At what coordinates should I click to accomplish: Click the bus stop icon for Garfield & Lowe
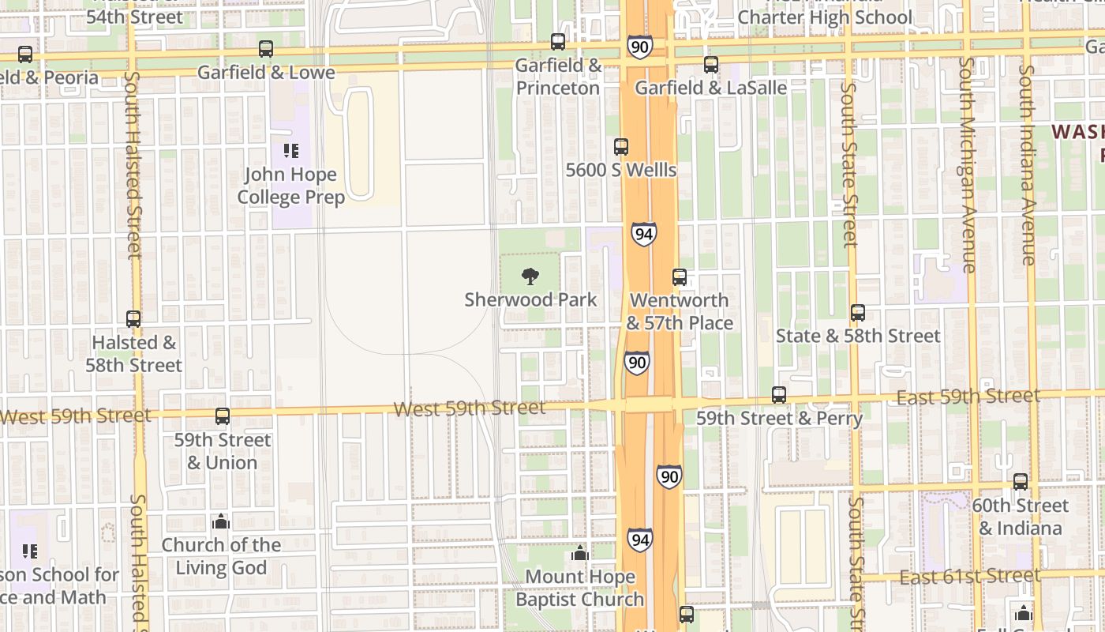266,49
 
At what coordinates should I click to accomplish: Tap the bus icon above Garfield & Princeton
558,42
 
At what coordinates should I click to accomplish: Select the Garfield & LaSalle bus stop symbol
711,65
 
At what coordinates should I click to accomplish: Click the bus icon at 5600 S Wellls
621,147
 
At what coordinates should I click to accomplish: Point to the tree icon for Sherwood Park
530,276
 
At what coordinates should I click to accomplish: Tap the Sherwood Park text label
530,300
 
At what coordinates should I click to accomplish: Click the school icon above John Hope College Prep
290,150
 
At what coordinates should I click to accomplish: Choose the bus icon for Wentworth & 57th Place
680,277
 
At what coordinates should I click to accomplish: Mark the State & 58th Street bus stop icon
858,313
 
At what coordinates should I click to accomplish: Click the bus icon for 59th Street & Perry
779,395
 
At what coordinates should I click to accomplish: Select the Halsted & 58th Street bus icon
133,319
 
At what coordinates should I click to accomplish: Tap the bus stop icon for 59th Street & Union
223,416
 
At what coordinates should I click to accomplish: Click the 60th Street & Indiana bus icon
1021,482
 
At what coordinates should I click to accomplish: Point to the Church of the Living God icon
221,521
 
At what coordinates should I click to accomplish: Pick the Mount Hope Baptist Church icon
580,553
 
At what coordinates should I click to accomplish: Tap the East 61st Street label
969,577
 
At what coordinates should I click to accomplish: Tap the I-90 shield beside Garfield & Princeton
639,47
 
